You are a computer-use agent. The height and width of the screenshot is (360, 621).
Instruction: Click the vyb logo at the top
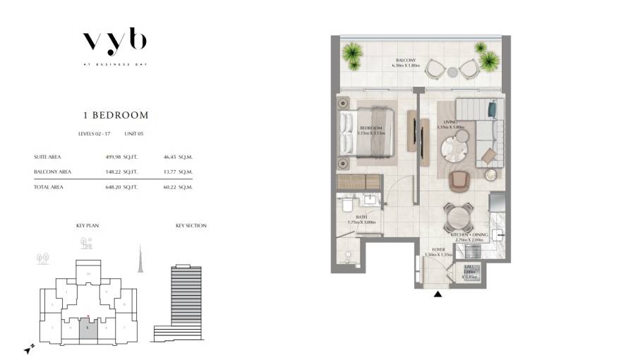[x=114, y=42]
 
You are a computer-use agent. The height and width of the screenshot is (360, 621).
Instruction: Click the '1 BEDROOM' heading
[x=114, y=114]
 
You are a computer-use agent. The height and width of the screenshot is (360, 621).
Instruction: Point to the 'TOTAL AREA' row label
[x=48, y=187]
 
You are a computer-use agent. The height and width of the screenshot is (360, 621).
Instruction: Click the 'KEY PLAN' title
[x=88, y=226]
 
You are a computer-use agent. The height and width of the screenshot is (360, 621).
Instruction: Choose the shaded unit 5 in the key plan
[x=87, y=329]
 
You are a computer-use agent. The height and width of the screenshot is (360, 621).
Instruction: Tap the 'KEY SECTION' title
[x=191, y=226]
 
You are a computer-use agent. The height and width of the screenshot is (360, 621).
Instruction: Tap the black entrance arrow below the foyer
[x=439, y=294]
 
